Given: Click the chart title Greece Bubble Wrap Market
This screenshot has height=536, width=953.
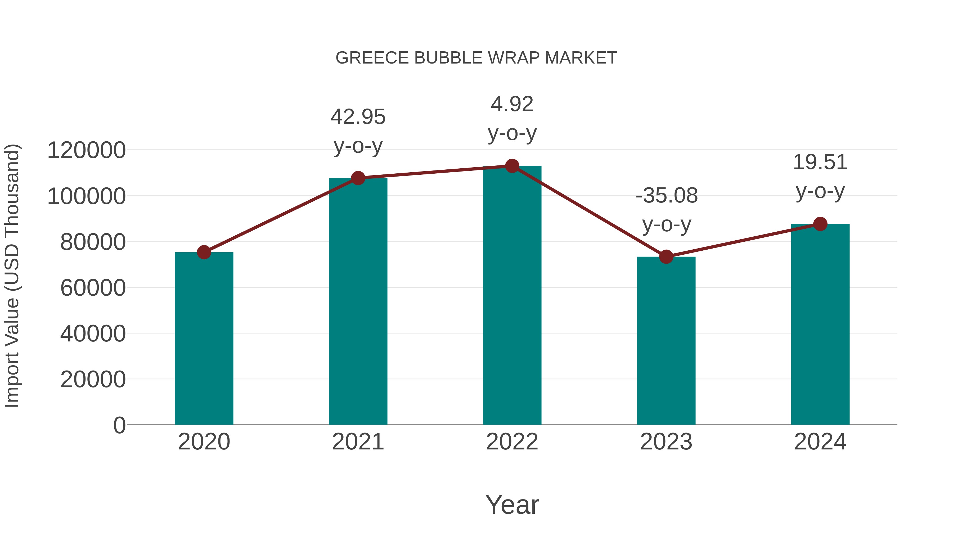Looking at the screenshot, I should pos(476,58).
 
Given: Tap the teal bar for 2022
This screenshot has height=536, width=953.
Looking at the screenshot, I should pos(512,296).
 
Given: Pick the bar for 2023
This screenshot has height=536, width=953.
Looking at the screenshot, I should pos(666,340).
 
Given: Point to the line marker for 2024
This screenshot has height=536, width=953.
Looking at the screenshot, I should pos(820,224).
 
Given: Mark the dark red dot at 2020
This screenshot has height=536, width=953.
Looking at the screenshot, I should pos(204,252).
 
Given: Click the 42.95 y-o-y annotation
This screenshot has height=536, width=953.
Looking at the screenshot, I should pos(358,131).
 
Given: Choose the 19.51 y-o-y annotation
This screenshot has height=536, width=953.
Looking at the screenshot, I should pos(820,177).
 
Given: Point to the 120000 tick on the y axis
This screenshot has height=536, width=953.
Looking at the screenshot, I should pos(87,151).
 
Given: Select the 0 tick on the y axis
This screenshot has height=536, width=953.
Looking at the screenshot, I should pos(119,425).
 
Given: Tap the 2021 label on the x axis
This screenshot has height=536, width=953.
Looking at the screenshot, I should pos(358,442).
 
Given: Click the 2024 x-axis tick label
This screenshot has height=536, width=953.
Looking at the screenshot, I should pos(820,442).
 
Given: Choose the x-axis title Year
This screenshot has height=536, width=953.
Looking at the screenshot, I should pos(512,505).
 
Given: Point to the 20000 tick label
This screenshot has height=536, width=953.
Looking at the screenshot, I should pos(93,380).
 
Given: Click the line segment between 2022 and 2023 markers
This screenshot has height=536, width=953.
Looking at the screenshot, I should pos(589,211).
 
